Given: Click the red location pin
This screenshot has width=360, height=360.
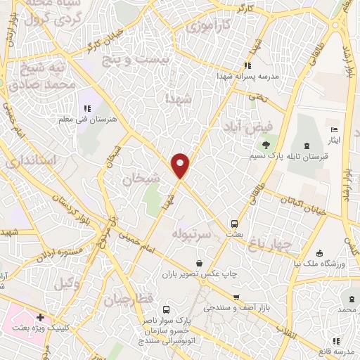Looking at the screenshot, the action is [181, 166].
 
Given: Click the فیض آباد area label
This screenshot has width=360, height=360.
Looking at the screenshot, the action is [243, 127].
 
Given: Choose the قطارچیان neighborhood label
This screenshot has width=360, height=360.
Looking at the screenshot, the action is [129, 300].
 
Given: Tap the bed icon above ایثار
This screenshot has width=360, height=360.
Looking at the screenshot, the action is [334, 131].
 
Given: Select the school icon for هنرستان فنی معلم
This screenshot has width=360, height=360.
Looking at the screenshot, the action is [87, 108].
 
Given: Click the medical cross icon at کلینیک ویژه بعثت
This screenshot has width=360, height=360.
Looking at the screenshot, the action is [40, 319].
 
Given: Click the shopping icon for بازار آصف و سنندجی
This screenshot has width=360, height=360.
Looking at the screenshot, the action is [236, 298].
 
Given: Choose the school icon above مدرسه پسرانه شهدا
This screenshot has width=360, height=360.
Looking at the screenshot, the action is [246, 65].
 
